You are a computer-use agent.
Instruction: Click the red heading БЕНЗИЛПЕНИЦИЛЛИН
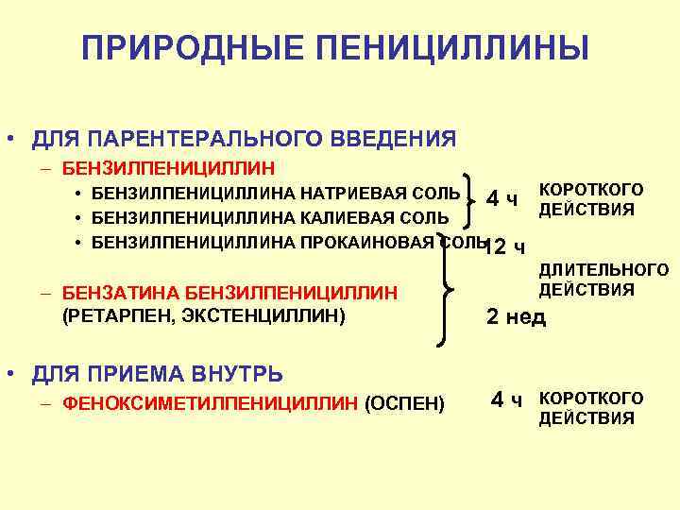168,170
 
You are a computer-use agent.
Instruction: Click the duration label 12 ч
504,247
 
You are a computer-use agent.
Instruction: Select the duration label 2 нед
516,317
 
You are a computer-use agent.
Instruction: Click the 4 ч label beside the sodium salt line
501,198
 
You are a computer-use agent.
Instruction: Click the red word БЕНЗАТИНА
112,292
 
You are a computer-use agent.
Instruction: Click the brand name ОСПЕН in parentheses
403,404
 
